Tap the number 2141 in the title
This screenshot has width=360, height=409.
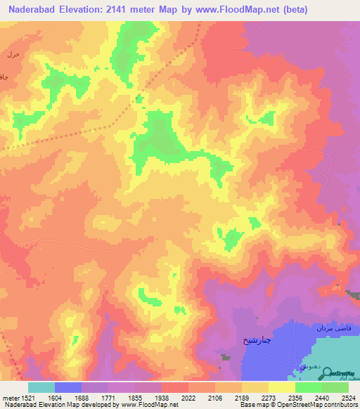click(127, 11)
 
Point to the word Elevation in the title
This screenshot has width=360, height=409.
click(87, 11)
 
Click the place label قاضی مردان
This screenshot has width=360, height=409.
click(333, 329)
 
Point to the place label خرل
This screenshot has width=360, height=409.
click(12, 53)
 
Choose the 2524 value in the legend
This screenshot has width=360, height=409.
click(347, 398)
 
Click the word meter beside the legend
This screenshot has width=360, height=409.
click(8, 398)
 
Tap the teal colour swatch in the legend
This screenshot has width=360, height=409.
click(41, 387)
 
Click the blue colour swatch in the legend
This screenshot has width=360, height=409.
click(68, 387)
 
